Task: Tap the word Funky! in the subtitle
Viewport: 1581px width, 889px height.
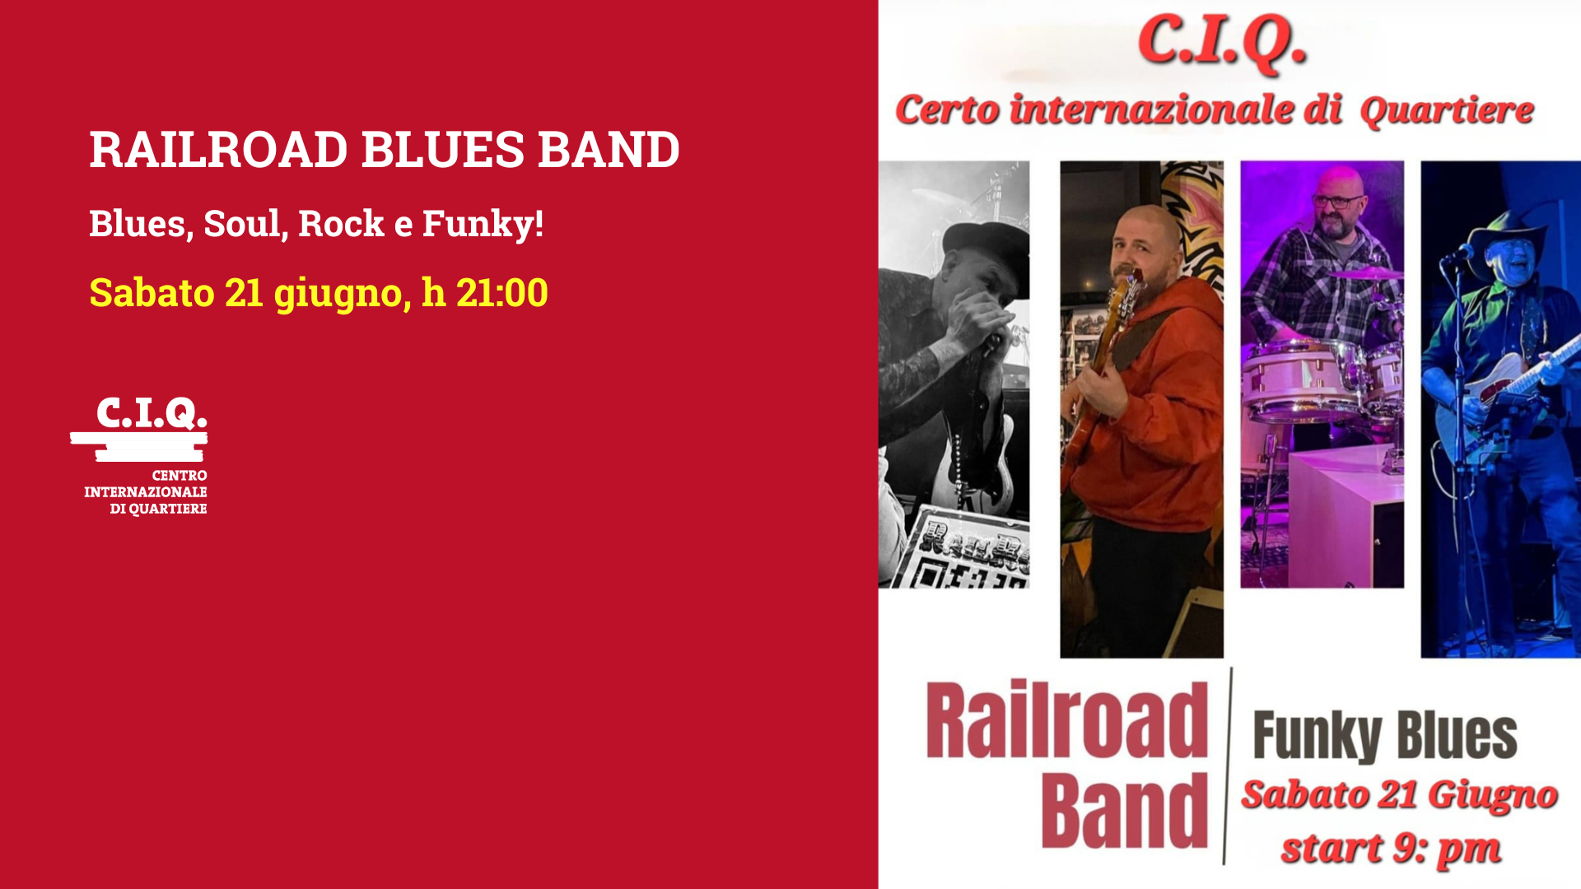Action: [x=483, y=224]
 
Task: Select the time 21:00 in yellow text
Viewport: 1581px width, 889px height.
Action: [x=501, y=293]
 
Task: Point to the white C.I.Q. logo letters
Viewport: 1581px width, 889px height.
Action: [x=152, y=413]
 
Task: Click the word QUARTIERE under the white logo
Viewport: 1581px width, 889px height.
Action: [x=168, y=509]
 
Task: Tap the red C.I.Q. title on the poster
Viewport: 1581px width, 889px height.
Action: [x=1222, y=41]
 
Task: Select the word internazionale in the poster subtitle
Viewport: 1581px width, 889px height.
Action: [x=1175, y=109]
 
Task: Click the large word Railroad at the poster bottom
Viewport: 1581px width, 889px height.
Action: [x=1067, y=720]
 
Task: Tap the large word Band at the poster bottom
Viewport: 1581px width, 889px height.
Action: [x=1124, y=812]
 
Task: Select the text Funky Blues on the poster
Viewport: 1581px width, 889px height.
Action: [x=1385, y=736]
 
